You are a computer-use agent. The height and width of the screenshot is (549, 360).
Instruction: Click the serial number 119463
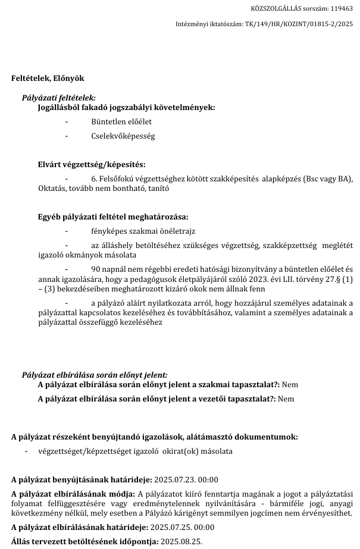pos(342,9)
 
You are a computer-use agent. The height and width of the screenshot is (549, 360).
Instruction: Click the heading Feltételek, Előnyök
pos(48,78)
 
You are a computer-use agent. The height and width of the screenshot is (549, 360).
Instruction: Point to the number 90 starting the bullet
pos(96,269)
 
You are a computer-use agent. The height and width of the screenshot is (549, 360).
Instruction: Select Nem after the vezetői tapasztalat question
pos(286,399)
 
